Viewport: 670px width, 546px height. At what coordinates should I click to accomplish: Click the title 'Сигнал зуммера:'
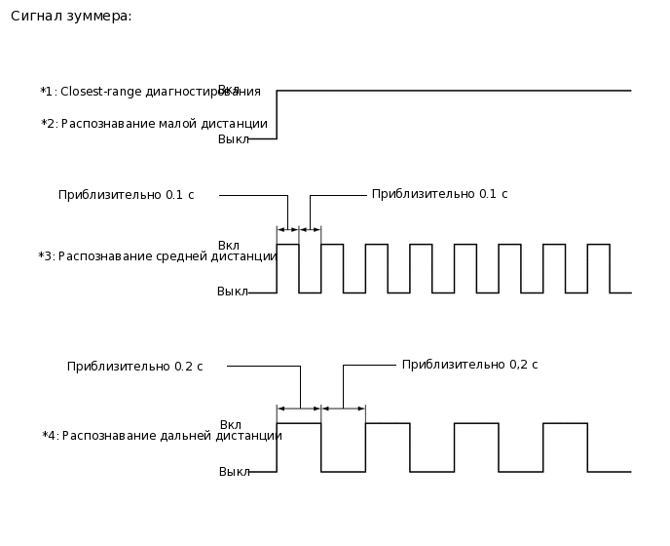coord(71,17)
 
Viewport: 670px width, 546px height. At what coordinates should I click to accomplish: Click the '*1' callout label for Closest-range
coord(48,92)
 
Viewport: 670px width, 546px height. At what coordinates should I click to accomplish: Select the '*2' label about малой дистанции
coord(49,124)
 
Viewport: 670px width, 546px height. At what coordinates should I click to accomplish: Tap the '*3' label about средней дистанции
coord(46,256)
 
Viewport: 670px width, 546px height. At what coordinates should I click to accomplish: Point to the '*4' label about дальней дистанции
coord(50,436)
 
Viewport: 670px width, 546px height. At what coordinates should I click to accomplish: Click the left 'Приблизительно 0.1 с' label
coord(126,195)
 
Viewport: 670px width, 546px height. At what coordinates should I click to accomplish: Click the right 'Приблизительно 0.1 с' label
coord(439,194)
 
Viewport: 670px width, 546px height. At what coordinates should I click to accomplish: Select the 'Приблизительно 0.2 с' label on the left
coord(134,367)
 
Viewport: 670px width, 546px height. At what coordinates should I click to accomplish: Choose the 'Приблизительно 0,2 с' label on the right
coord(469,365)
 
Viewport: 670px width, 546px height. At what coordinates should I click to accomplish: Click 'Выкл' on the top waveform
coord(233,139)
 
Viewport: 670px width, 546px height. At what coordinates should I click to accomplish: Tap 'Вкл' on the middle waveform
coord(229,245)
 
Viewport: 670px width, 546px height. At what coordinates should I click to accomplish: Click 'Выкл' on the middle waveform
coord(233,292)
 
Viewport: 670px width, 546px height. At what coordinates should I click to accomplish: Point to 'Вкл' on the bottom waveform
coord(231,425)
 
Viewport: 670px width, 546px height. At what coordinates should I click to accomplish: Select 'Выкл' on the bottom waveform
coord(234,472)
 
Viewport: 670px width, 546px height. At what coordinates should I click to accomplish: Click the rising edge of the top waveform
coord(278,115)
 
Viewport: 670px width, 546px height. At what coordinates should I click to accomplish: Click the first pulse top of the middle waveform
coord(288,245)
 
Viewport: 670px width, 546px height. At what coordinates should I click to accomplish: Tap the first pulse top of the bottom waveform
coord(299,423)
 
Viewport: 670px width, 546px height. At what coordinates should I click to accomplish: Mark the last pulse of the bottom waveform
coord(565,423)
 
